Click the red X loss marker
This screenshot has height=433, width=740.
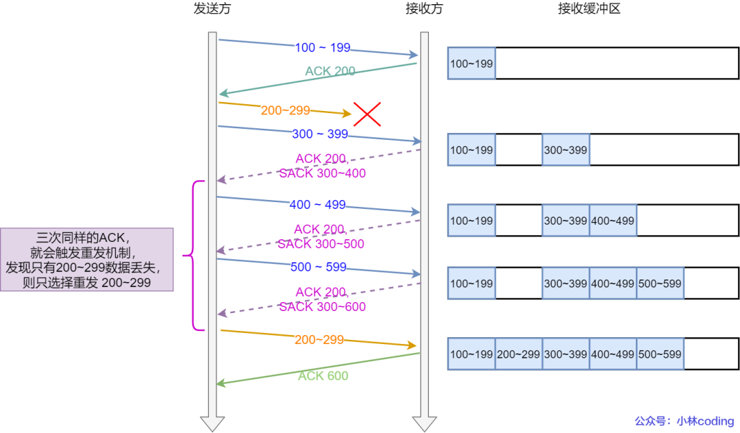tap(367, 114)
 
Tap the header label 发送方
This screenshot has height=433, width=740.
tap(212, 9)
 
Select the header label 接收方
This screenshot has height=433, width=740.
tap(424, 9)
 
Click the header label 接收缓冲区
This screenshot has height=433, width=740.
tap(589, 9)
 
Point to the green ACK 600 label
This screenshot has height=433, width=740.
tap(323, 376)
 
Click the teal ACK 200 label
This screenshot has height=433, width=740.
tap(330, 71)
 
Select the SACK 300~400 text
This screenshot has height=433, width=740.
tap(322, 174)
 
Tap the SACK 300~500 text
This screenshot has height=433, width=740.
tap(321, 244)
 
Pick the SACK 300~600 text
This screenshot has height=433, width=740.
tap(322, 307)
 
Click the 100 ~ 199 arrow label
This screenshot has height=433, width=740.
tap(322, 48)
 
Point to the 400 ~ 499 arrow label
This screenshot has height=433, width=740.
tap(318, 205)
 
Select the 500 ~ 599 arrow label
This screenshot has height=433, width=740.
tap(319, 267)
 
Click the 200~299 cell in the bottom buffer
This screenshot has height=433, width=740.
tap(519, 354)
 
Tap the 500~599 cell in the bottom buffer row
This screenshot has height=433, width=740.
tap(660, 354)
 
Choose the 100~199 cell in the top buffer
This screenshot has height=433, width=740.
tap(471, 64)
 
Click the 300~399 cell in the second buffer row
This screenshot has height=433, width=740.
tap(565, 150)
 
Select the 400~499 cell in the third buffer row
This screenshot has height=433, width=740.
tap(613, 221)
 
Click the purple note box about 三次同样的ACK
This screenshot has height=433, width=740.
tap(86, 260)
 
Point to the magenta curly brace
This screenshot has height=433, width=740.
tap(195, 256)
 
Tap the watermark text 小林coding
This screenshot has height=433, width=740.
tap(705, 421)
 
